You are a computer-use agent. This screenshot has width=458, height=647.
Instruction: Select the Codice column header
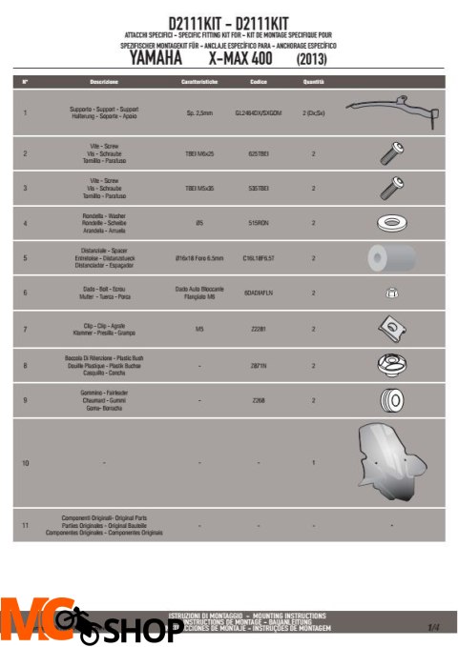(x=258, y=84)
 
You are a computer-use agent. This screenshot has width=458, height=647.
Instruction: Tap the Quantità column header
(x=313, y=84)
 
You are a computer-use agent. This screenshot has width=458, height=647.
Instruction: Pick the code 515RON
(x=258, y=224)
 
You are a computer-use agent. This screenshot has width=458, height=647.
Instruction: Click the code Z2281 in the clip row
(x=258, y=329)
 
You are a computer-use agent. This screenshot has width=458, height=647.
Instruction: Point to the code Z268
(x=258, y=399)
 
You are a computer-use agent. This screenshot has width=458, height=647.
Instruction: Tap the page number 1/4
(x=433, y=627)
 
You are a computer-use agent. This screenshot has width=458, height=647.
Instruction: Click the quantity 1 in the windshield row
(x=313, y=461)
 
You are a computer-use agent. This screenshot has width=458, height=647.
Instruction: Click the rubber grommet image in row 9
(x=388, y=399)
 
